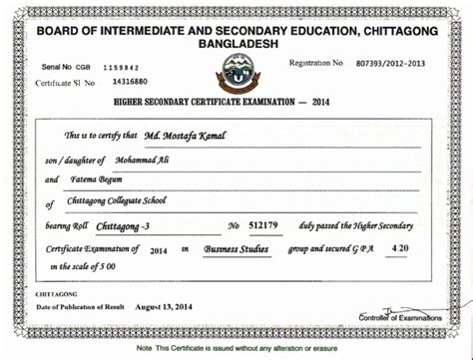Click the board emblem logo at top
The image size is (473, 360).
click(236, 71)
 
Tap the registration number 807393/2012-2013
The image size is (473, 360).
click(390, 64)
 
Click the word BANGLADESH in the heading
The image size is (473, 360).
click(236, 46)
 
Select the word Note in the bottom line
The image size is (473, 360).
click(145, 347)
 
